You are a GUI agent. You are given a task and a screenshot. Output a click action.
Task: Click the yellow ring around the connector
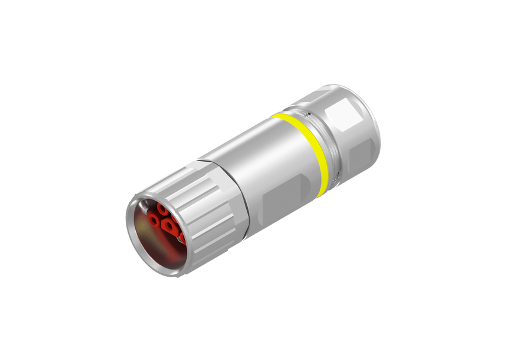click(314, 150)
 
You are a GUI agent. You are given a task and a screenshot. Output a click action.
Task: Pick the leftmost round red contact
click(155, 222)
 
